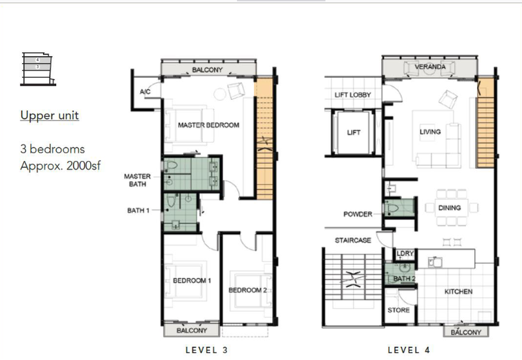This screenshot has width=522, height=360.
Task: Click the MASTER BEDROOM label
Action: pos(208,125)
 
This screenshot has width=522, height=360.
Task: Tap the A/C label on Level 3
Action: pos(145,91)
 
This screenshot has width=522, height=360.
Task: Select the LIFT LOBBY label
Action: pos(352,95)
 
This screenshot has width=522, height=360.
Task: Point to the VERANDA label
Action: pos(430,67)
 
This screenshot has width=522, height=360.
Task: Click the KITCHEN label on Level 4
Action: pos(458,292)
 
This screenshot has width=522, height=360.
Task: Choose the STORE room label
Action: pos(399,310)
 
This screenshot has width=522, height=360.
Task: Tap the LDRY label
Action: pos(405,254)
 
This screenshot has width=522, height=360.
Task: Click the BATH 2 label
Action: pos(404,278)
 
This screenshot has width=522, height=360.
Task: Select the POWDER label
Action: pos(358,215)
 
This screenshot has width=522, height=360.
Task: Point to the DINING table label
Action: pos(450,207)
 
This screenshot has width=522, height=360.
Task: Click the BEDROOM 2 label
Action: pos(248,290)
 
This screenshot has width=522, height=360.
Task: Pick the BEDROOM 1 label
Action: pos(192,280)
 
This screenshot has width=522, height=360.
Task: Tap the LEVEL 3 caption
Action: pos(207,350)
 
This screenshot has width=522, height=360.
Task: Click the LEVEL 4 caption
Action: pos(409,350)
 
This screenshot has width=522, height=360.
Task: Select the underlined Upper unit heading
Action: pos(50,115)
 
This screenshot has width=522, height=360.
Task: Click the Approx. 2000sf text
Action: pos(60,166)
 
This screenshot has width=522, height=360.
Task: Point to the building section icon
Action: pos(38,68)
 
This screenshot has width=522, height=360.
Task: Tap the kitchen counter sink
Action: pos(435,262)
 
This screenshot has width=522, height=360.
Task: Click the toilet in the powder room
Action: pos(392,209)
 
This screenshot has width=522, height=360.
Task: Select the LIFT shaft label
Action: pos(353,132)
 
